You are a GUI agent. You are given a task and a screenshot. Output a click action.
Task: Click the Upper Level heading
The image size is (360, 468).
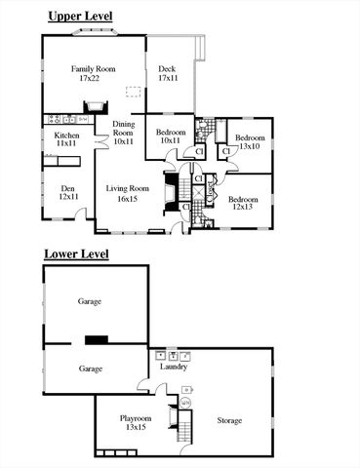[80, 18]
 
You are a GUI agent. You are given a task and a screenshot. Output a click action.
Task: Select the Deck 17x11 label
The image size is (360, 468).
[168, 73]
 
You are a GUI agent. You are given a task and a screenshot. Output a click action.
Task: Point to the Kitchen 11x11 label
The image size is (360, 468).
[66, 139]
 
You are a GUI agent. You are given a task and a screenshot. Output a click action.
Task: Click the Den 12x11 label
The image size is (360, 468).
[67, 192]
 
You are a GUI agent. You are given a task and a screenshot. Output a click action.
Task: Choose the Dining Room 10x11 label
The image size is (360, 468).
[123, 132]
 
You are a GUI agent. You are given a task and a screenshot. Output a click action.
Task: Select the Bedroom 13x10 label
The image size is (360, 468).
[249, 141]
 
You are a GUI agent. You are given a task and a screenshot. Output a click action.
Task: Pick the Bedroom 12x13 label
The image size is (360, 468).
[243, 200]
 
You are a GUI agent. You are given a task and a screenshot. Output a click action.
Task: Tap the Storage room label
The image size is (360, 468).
[229, 420]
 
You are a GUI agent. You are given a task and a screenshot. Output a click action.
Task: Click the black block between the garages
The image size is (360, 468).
[98, 339]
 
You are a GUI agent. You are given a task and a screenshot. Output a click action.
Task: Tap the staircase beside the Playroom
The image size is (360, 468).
[178, 425]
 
